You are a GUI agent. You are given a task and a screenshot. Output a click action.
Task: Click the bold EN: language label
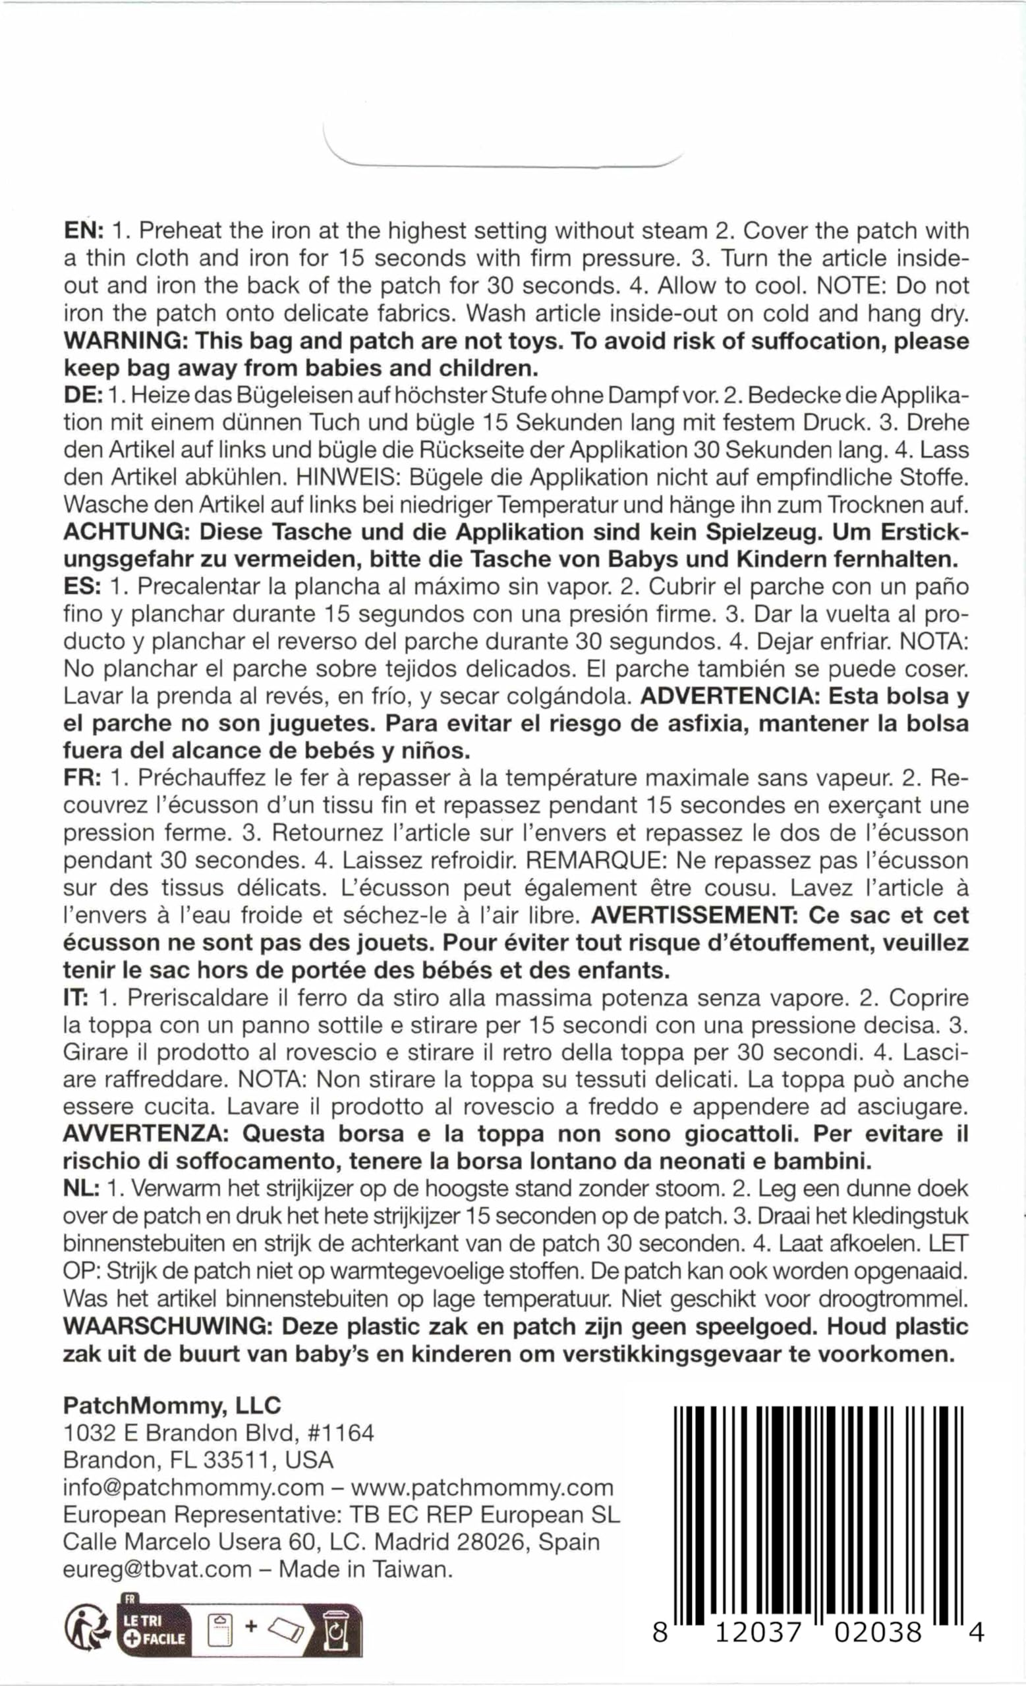(x=83, y=231)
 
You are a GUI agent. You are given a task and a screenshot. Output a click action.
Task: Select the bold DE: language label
(x=83, y=396)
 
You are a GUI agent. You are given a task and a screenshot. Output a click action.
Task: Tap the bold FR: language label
(x=83, y=778)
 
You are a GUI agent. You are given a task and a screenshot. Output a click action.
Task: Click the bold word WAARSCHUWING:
(x=167, y=1326)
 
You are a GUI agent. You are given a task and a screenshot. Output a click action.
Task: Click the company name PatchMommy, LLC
(x=172, y=1405)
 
